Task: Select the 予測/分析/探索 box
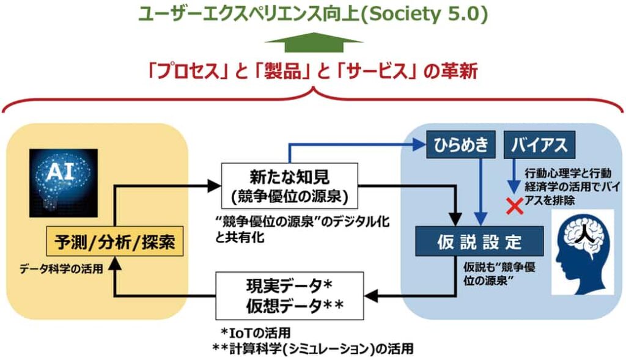point(115,243)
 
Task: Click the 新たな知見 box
point(289,186)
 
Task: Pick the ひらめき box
point(461,145)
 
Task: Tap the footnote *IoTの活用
point(256,333)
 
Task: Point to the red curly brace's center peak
point(314,92)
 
